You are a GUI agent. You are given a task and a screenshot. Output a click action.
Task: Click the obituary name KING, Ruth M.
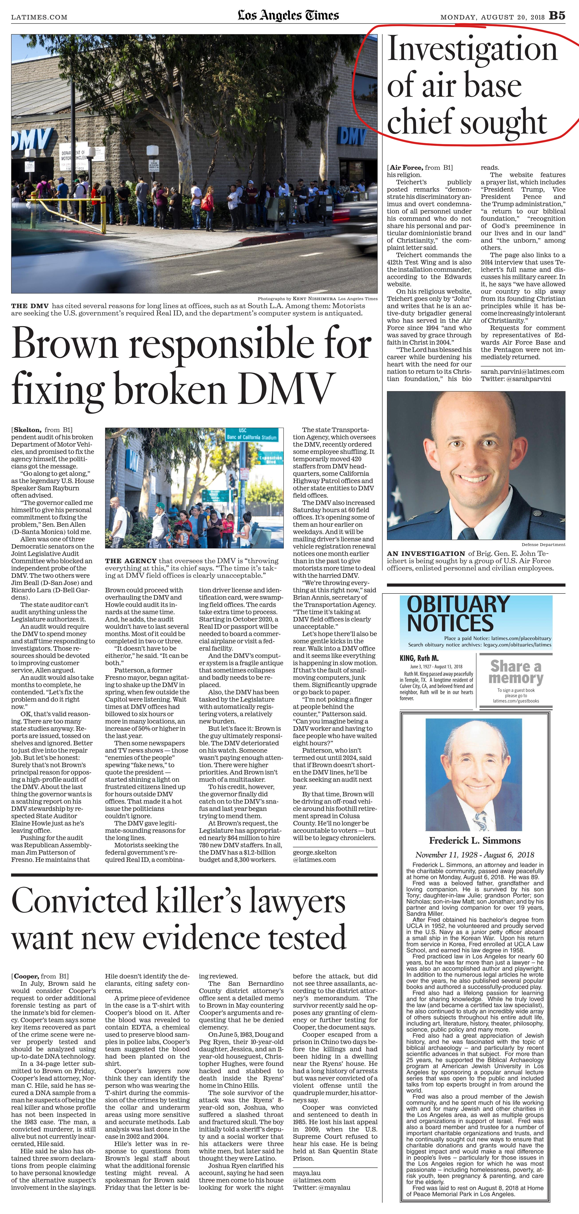[419, 658]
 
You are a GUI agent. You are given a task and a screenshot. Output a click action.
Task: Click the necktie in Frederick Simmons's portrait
[479, 820]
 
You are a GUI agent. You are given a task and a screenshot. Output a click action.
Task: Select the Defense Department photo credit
[543, 544]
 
